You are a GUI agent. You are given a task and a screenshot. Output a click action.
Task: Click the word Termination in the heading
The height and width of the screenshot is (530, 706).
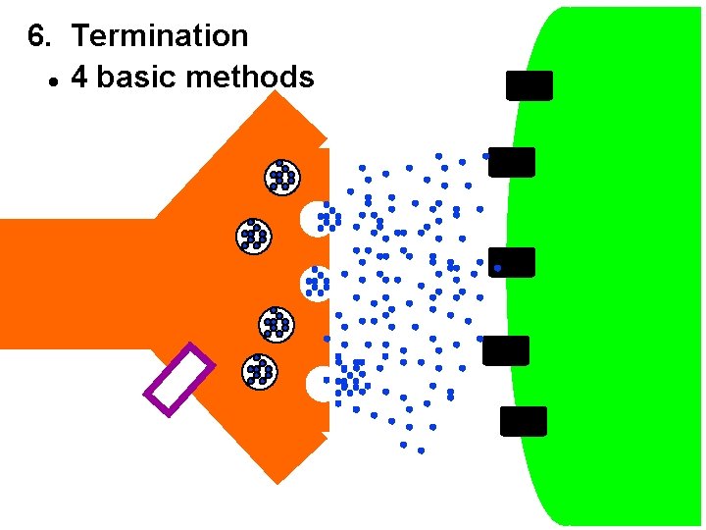[160, 36]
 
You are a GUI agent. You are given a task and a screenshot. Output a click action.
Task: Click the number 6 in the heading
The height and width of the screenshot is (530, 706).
[36, 36]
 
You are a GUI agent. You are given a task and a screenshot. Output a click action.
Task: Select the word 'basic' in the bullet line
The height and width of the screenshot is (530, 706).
[136, 78]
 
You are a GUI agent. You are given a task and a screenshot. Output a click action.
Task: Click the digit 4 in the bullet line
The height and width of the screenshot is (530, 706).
[79, 78]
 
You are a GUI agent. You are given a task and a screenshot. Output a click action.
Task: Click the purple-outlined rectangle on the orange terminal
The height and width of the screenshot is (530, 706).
[178, 379]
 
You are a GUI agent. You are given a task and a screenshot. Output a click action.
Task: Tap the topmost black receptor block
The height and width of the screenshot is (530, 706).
[529, 85]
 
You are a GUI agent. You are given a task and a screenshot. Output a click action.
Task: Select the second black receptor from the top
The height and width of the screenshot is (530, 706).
[512, 162]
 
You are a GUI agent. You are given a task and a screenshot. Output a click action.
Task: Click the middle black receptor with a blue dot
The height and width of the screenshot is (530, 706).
[512, 262]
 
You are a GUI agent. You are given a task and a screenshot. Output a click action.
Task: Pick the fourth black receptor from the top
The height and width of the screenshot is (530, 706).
[506, 350]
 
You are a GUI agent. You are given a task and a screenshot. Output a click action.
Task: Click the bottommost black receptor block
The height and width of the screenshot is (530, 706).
[523, 421]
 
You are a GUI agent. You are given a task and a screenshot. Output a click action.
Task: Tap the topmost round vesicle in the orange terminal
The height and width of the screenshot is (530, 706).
[282, 176]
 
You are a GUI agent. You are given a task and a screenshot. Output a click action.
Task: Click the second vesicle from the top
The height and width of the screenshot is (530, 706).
[254, 235]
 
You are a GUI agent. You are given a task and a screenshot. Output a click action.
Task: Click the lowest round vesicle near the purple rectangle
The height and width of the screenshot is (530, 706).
[260, 370]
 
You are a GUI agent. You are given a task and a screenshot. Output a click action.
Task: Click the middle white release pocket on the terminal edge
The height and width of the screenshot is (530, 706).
[314, 283]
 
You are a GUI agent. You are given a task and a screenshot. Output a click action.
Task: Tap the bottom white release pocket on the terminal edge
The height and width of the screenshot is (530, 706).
[319, 383]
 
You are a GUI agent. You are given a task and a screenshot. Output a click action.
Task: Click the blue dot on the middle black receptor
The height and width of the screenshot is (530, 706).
[498, 267]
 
